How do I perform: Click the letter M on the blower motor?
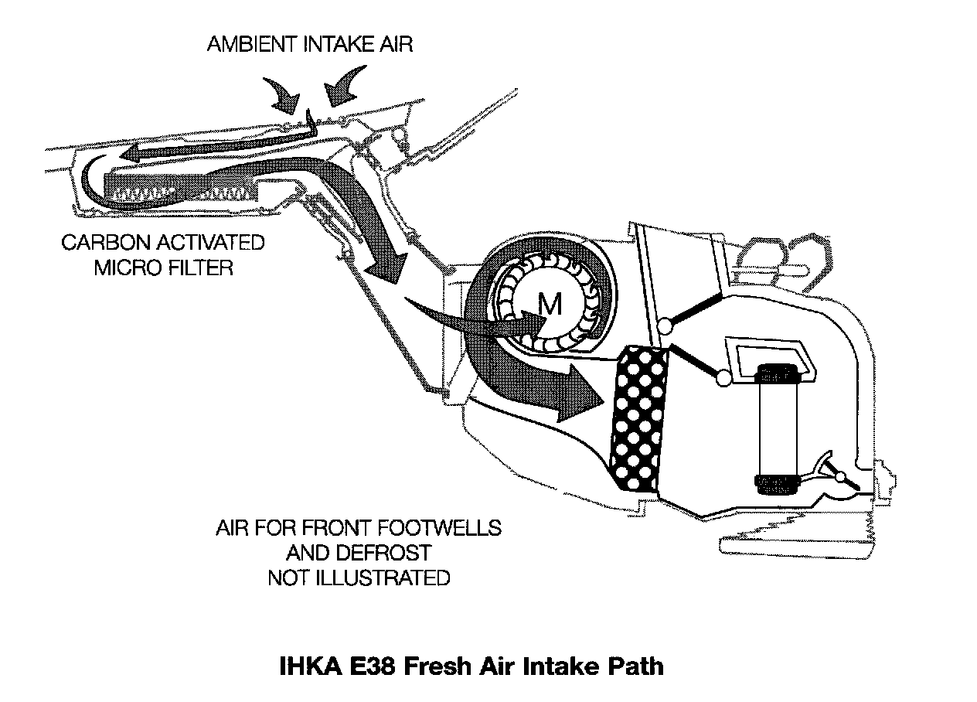pos(550,306)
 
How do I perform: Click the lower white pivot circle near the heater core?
pos(723,378)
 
